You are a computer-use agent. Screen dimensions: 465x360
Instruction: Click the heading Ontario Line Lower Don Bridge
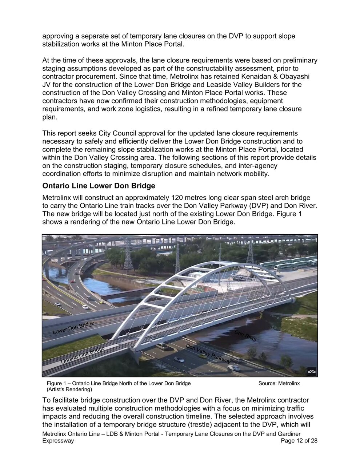click(x=99, y=186)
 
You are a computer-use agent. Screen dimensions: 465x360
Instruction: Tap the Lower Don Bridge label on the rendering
click(x=73, y=327)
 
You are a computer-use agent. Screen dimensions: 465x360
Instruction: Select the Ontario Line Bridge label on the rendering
click(x=83, y=355)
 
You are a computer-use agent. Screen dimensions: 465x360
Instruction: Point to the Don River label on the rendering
click(x=245, y=336)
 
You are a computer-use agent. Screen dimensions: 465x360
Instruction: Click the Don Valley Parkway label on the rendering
click(x=208, y=353)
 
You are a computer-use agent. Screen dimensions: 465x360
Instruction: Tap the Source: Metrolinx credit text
click(x=279, y=383)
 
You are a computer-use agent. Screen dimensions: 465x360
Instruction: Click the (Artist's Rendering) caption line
click(x=69, y=389)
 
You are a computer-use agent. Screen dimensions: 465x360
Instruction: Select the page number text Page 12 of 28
click(x=299, y=441)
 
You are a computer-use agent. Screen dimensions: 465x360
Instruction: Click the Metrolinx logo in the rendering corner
click(x=312, y=371)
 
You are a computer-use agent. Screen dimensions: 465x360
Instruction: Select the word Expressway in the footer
click(x=58, y=441)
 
